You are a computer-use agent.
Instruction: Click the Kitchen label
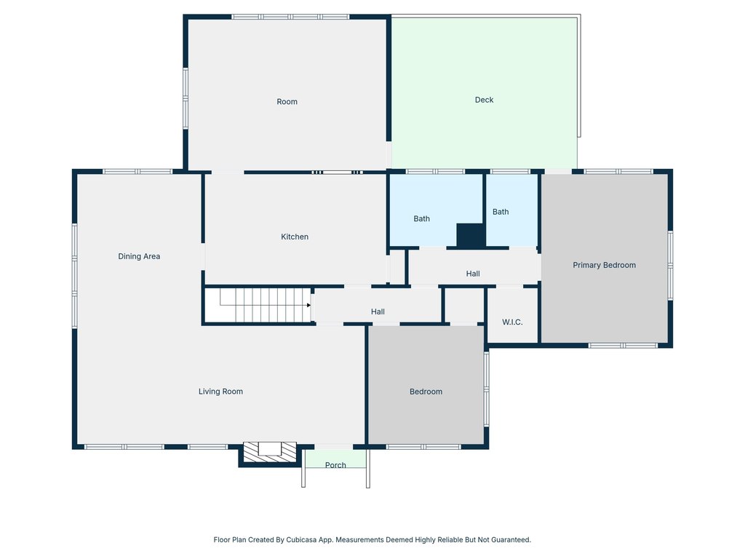click(295, 237)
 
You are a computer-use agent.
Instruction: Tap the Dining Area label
click(139, 256)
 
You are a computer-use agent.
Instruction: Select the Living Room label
click(220, 391)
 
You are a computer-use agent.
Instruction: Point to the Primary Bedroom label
click(604, 265)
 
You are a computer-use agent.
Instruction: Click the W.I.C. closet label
click(512, 322)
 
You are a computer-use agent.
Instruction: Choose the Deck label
click(484, 100)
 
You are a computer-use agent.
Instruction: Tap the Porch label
click(335, 465)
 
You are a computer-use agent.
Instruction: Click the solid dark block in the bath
click(471, 235)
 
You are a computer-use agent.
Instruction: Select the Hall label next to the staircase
click(378, 312)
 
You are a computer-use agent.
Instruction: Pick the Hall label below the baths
click(473, 274)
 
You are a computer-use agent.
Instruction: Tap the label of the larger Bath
click(421, 218)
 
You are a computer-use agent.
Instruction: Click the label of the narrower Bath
click(501, 212)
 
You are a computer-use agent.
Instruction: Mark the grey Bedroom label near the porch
click(426, 392)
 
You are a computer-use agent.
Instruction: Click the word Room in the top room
click(287, 102)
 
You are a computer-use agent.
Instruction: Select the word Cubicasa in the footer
click(301, 539)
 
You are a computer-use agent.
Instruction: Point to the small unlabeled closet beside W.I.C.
click(464, 306)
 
